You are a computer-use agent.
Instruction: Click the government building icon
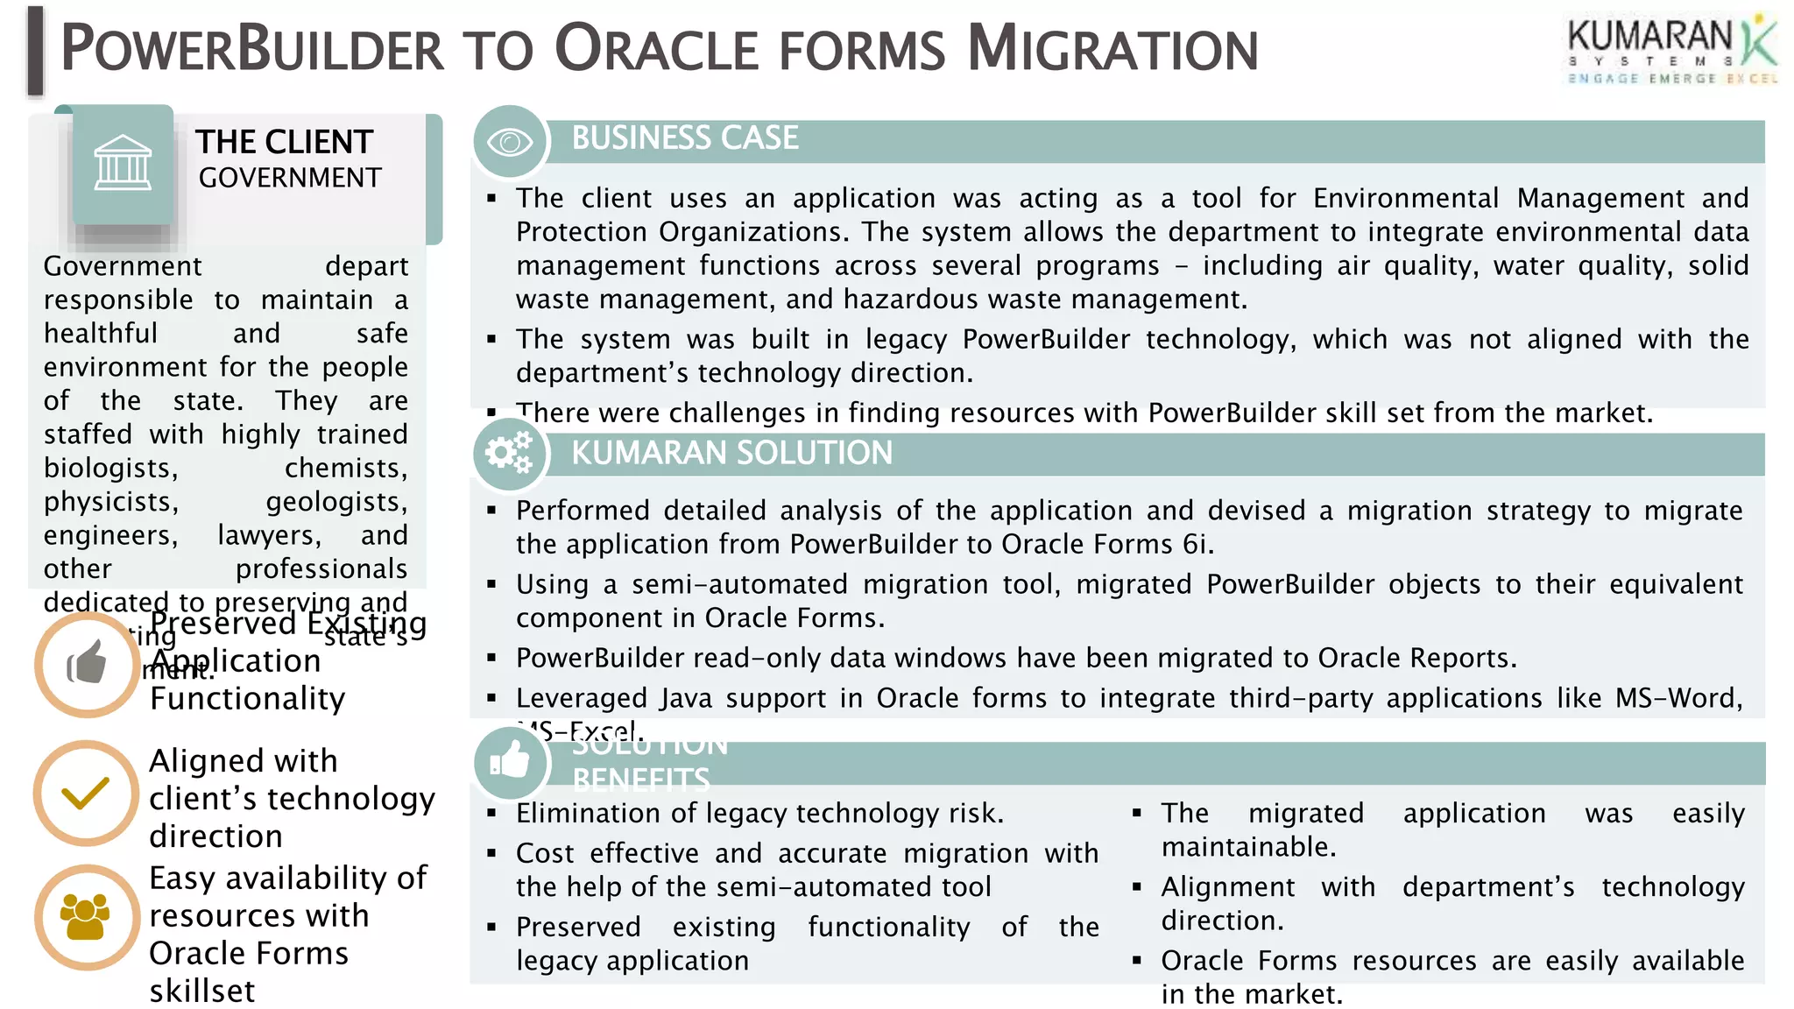pos(123,164)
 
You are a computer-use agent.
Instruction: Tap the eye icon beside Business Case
pos(510,141)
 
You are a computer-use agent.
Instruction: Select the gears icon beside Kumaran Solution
pos(510,453)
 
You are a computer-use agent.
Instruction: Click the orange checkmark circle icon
pos(86,794)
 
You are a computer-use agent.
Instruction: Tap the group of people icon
pos(86,917)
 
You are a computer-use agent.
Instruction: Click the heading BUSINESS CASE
pos(684,138)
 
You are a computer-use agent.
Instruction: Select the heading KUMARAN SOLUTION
pos(731,453)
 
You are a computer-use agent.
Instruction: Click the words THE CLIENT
pos(284,142)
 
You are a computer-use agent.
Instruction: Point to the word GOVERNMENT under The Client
pos(289,178)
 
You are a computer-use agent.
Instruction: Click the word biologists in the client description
pos(110,468)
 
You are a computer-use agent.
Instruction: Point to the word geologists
pos(336,502)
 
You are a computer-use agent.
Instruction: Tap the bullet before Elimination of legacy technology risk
pos(492,814)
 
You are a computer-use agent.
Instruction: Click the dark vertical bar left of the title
pos(35,51)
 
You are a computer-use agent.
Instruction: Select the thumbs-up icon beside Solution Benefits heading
pos(510,762)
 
